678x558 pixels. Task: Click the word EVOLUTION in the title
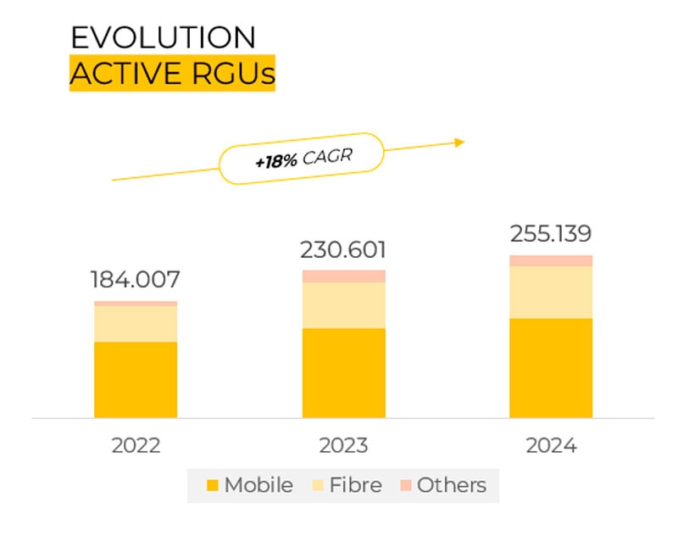(163, 37)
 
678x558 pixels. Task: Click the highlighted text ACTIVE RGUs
(173, 73)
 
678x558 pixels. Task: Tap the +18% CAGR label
(303, 159)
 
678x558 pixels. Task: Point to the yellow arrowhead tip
(464, 142)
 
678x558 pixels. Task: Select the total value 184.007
(136, 280)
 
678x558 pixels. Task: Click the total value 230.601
(343, 249)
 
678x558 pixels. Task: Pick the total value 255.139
(551, 234)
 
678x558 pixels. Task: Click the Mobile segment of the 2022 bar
(136, 380)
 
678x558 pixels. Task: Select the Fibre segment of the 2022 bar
(136, 324)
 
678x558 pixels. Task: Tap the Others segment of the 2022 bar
(136, 304)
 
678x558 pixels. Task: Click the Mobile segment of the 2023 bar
(344, 373)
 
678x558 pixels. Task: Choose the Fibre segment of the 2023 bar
(344, 305)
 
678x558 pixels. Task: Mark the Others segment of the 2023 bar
(344, 276)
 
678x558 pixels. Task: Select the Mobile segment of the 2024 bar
(551, 368)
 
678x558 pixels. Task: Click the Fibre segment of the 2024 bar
(551, 293)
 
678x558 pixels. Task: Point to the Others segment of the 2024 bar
(551, 261)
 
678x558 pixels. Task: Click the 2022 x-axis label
(136, 445)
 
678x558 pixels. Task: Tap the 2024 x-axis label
(552, 445)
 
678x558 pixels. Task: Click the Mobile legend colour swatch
(213, 485)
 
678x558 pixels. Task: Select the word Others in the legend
(452, 485)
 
